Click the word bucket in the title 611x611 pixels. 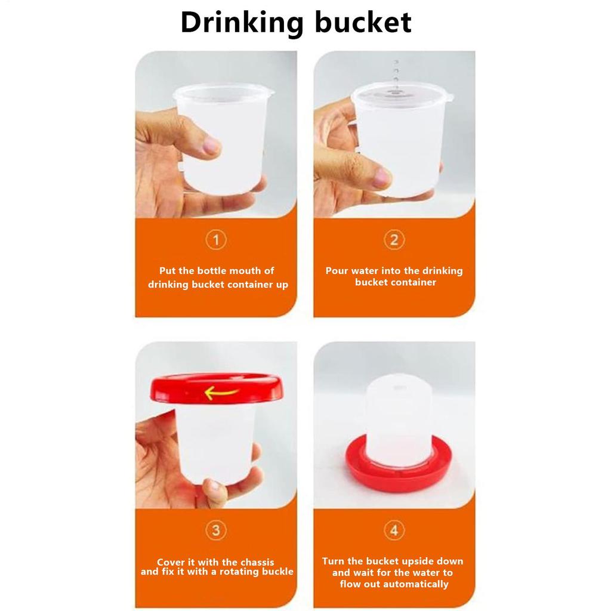[362, 23]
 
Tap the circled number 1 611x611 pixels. [216, 240]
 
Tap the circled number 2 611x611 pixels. [394, 240]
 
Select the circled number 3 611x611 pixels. [216, 530]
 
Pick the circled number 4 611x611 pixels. [394, 530]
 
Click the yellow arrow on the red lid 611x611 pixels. [221, 393]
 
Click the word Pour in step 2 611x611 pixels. [337, 271]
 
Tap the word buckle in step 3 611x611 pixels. [276, 572]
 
